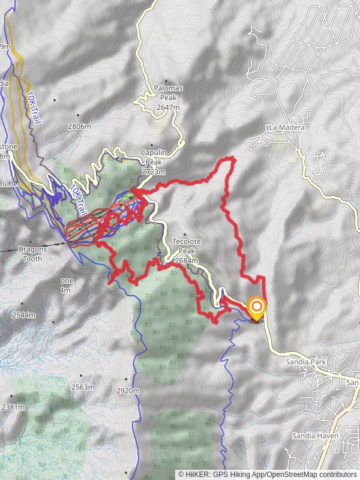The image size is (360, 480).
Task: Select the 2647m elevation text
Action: tap(168, 107)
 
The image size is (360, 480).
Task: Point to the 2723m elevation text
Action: tap(152, 172)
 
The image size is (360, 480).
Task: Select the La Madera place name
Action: tap(286, 127)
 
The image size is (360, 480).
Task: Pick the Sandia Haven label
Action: tap(316, 436)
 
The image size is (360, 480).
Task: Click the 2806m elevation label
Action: tap(79, 127)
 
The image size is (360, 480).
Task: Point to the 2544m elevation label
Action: tap(23, 315)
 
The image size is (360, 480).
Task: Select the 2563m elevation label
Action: tap(83, 387)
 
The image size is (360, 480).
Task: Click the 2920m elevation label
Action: tap(127, 391)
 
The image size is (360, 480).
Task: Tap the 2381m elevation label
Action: tap(13, 407)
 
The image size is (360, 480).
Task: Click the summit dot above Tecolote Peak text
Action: tap(184, 235)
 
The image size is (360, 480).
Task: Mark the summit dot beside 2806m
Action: tap(78, 115)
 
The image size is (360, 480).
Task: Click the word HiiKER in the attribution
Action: tap(203, 474)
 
